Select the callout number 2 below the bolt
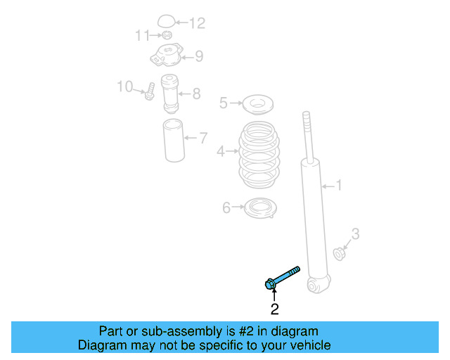coord(274,308)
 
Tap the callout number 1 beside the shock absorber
coord(338,186)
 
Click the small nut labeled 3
coord(339,252)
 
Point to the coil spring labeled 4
coord(257,156)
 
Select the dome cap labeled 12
coord(166,22)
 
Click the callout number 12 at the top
coord(197,23)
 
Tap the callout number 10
coord(124,86)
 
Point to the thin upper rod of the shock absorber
coord(307,134)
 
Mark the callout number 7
coord(202,138)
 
